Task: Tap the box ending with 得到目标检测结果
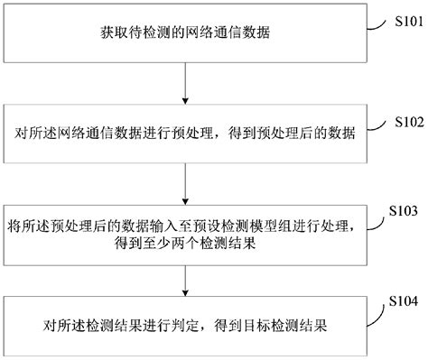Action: click(x=185, y=323)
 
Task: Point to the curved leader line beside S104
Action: click(x=378, y=307)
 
